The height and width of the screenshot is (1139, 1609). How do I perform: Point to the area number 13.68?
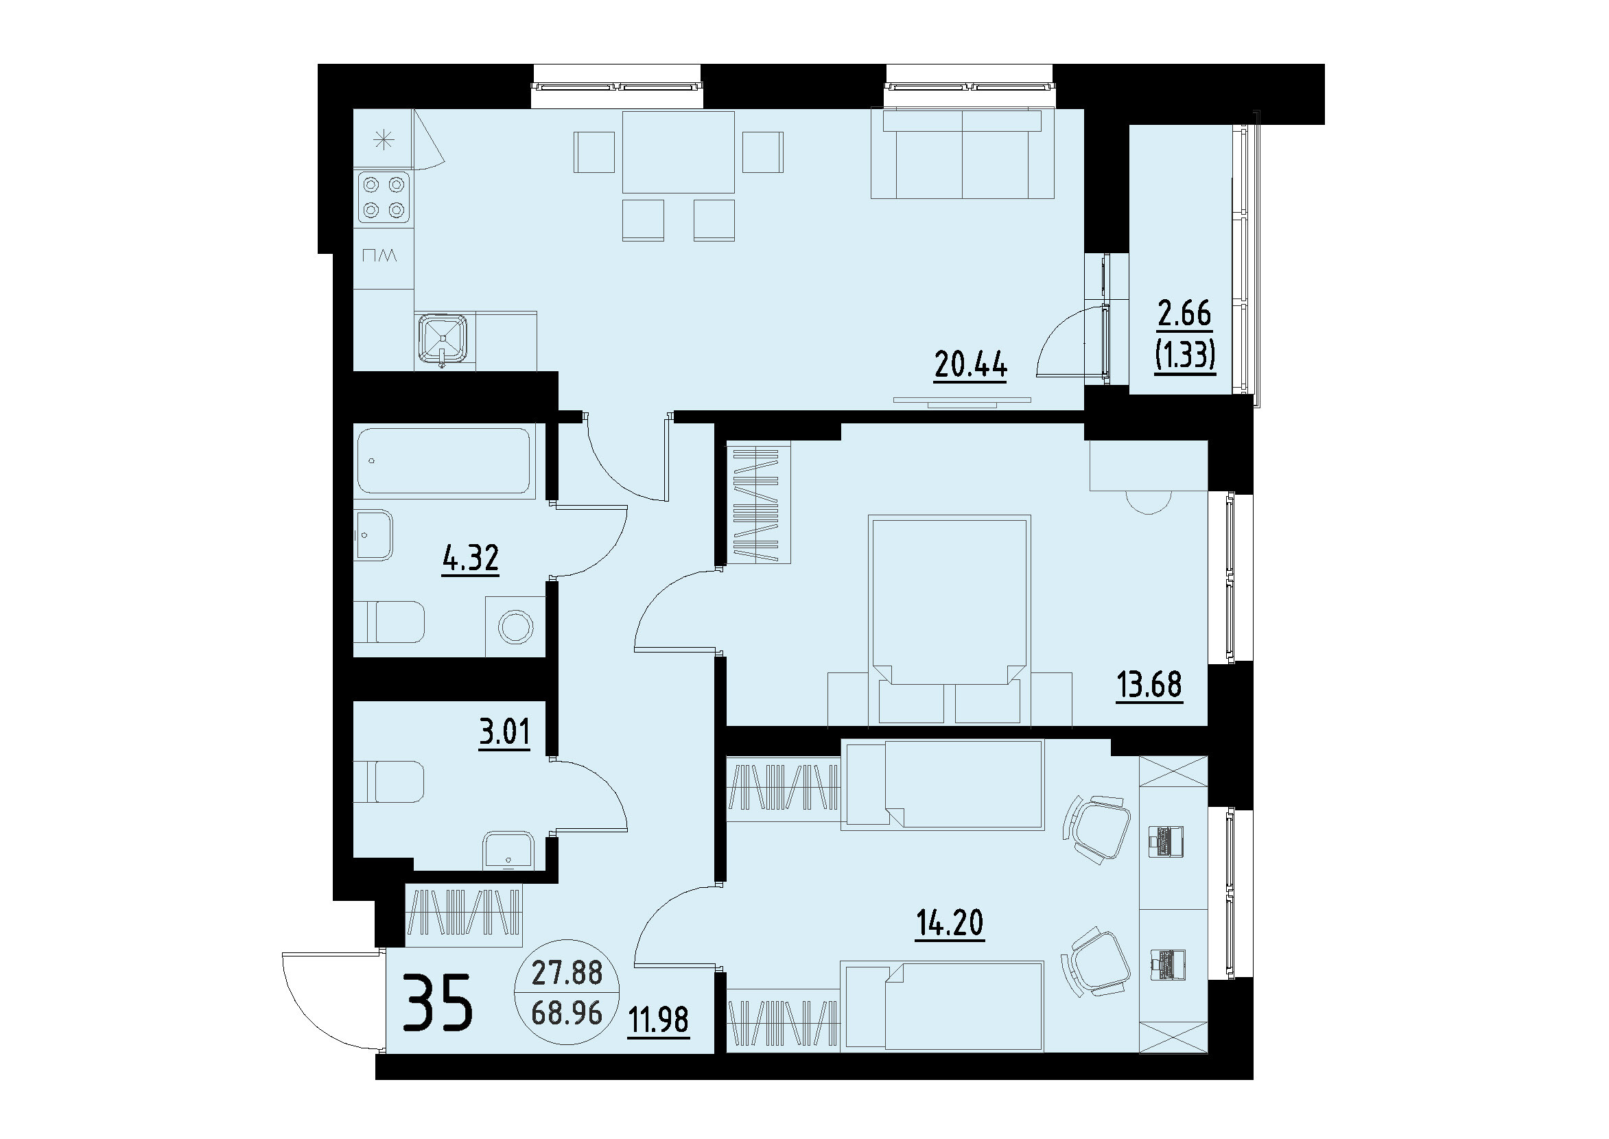click(x=1149, y=685)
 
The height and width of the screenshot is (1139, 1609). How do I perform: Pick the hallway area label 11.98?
click(x=658, y=1020)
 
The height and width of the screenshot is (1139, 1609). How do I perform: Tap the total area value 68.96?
click(x=567, y=1013)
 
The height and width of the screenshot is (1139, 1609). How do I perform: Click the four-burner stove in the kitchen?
click(x=384, y=197)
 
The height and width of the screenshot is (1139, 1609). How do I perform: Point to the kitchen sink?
click(x=443, y=340)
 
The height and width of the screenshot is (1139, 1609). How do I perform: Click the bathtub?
click(x=443, y=461)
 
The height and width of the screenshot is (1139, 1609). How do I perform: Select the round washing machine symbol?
click(x=515, y=626)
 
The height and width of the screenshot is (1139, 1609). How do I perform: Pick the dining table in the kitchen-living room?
click(x=678, y=152)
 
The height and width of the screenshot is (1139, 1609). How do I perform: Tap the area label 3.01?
click(x=504, y=733)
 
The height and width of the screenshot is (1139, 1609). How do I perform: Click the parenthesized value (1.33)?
click(x=1184, y=356)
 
